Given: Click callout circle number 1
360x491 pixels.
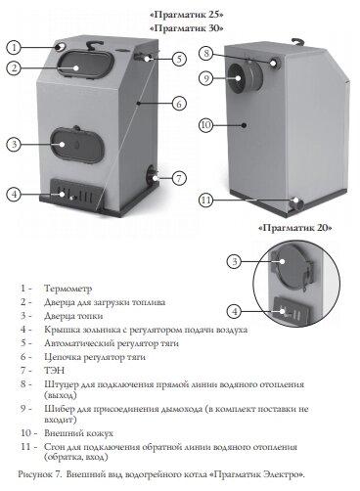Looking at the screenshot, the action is (14, 48).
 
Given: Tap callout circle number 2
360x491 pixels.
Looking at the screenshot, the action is (14, 68).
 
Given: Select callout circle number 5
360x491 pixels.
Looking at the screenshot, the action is (179, 59).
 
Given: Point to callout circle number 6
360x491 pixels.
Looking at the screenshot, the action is (179, 104).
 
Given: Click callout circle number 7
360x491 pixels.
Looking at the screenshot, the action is (179, 178).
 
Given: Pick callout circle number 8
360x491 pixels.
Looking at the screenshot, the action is (206, 53).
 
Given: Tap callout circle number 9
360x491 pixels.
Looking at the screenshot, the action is (206, 78).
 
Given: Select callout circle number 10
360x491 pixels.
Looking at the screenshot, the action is (206, 125).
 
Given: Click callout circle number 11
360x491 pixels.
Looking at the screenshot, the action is (206, 200).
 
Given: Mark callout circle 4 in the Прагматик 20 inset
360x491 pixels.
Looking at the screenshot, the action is (235, 312).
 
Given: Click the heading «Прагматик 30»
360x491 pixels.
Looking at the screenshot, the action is (187, 28).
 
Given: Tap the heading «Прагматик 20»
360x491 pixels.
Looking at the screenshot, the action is (295, 228).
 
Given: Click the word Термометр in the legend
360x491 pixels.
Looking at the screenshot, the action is (68, 289).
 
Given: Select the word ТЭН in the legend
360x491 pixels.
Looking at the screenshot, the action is (54, 371).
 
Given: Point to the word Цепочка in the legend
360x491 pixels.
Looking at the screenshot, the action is (62, 357).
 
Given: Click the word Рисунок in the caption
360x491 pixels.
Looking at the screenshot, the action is (34, 474).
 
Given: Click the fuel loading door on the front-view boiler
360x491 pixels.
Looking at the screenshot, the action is (86, 65).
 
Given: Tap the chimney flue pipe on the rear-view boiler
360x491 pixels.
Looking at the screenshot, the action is (244, 77).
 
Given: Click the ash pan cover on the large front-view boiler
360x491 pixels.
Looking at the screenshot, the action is (75, 194).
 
